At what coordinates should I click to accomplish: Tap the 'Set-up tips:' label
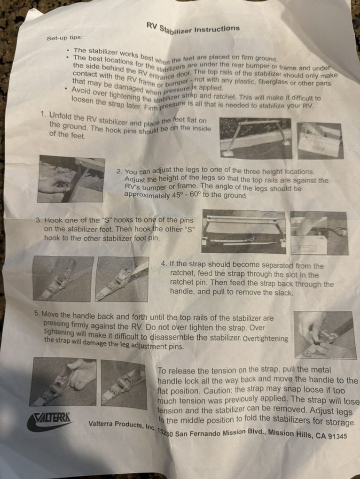pos(64,38)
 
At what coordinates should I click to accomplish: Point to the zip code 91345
pos(337,436)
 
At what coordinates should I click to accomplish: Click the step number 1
pos(43,115)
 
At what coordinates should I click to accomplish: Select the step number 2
pos(119,171)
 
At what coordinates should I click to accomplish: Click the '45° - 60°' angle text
pos(185,195)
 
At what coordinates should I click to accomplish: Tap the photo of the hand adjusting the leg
pos(71,179)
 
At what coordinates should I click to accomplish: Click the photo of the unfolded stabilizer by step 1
pos(256,139)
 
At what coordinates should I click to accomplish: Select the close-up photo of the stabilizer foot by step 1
pos(320,141)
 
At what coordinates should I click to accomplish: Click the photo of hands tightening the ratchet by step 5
pos(325,335)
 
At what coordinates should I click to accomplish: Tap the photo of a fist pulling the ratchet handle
pos(63,382)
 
